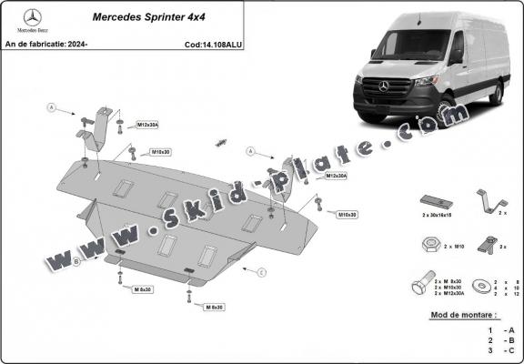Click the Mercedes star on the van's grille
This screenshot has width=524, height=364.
click(x=385, y=86)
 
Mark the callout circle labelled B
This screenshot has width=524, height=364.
click(x=77, y=260)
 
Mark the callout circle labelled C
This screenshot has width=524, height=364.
click(x=260, y=272)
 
